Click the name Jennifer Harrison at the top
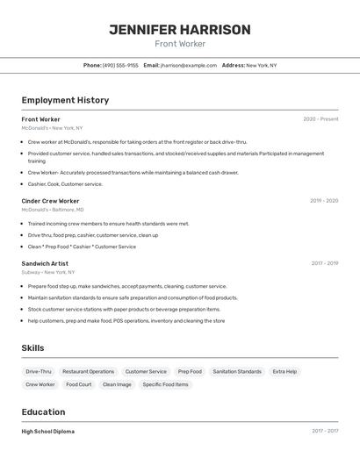tap(180, 30)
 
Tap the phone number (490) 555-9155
tap(120, 65)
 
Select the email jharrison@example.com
tap(188, 65)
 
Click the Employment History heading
tap(65, 100)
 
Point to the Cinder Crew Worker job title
tap(50, 201)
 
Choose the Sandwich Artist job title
tap(45, 263)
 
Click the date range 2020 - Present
tap(320, 119)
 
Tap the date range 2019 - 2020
tap(324, 201)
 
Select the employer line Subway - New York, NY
tap(48, 272)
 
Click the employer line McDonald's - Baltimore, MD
tap(53, 210)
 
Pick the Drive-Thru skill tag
tap(39, 371)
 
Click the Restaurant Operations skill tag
tap(88, 371)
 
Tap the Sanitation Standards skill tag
tap(237, 371)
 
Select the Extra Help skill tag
tap(284, 371)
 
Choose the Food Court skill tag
tap(78, 384)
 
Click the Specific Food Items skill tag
tap(165, 384)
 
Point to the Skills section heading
tap(32, 348)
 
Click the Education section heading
tap(43, 412)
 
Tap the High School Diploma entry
tap(47, 432)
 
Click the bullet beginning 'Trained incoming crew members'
tap(108, 224)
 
